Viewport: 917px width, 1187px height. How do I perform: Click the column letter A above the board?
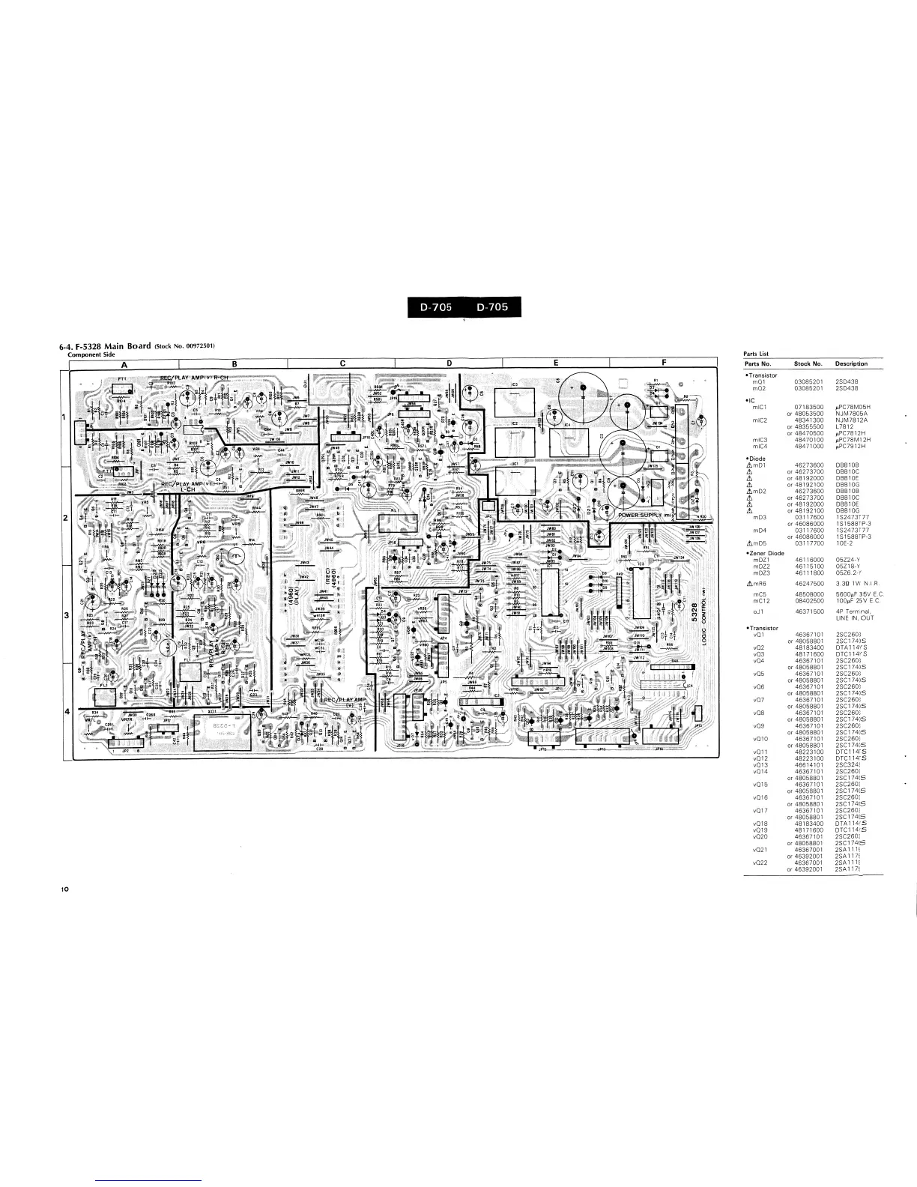(125, 365)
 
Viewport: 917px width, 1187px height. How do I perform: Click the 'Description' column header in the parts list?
(851, 363)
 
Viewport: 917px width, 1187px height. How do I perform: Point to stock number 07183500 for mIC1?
(808, 406)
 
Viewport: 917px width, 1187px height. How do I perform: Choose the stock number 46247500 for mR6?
(808, 582)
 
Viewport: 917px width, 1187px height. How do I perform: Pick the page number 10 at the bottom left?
(65, 890)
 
